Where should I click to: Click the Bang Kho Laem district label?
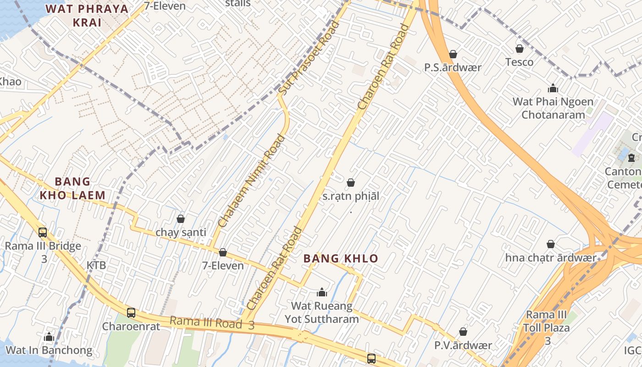click(72, 189)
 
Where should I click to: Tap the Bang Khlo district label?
click(341, 259)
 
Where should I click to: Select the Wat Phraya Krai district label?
click(87, 15)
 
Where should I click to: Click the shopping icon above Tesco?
click(520, 49)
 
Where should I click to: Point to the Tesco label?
click(519, 62)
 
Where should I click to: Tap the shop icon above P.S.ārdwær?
click(453, 54)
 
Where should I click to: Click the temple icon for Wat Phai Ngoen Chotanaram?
click(553, 88)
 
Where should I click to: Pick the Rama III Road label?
click(206, 323)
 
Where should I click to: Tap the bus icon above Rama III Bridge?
click(43, 233)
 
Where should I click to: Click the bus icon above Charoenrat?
click(131, 313)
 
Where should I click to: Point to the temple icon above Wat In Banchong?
click(49, 337)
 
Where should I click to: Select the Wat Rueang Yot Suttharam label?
click(322, 312)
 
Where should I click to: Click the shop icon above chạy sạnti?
click(181, 219)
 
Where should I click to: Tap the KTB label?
click(96, 265)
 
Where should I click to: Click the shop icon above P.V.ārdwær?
click(463, 332)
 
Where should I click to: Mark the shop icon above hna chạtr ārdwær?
click(551, 244)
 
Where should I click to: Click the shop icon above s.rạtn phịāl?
click(351, 183)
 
